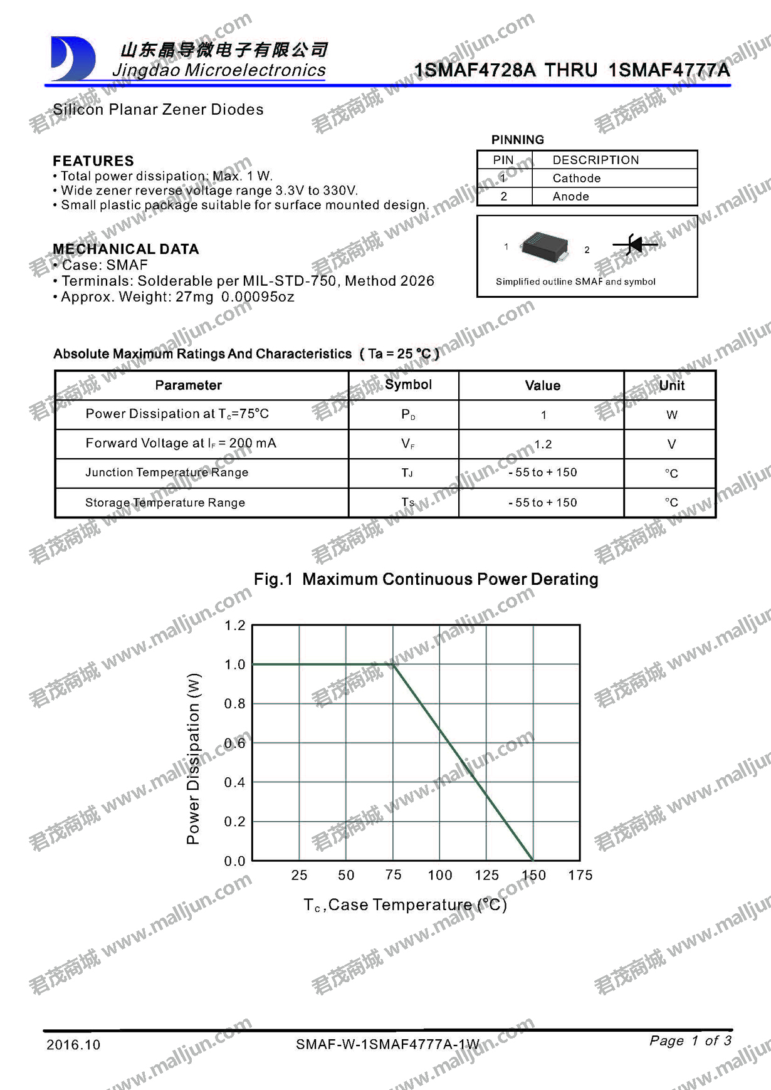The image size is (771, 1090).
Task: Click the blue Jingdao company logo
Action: click(x=72, y=59)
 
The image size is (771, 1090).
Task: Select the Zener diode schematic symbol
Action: click(x=634, y=244)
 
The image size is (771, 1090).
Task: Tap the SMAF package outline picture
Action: click(x=545, y=247)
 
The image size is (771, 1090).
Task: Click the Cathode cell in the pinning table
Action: click(x=576, y=178)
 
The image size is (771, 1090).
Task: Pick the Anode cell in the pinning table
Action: click(x=570, y=196)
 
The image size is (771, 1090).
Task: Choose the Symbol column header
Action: click(x=408, y=385)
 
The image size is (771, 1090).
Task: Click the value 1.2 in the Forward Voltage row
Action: click(x=542, y=444)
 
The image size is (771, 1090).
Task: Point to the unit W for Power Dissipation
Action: click(x=671, y=415)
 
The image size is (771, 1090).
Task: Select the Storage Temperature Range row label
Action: click(x=165, y=503)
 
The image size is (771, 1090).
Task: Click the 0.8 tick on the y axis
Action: click(x=235, y=704)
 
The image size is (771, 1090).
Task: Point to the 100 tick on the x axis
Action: click(x=439, y=875)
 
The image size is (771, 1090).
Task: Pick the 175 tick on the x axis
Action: click(x=580, y=875)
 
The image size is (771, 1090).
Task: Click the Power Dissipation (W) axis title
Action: click(x=194, y=758)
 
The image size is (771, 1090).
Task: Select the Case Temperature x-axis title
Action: click(x=406, y=904)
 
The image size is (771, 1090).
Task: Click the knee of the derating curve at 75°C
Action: click(x=393, y=664)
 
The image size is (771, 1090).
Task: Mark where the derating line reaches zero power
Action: click(x=533, y=860)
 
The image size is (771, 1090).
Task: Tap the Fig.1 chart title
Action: click(x=426, y=579)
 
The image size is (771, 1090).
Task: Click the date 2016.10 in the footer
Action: click(x=73, y=1045)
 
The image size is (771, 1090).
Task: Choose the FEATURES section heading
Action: click(x=93, y=161)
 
